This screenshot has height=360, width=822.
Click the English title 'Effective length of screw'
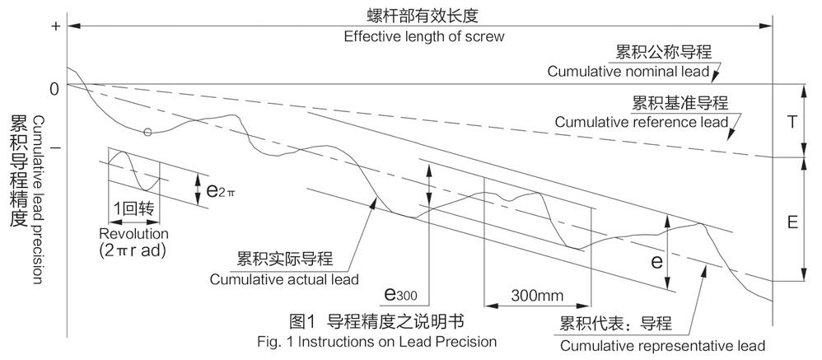coord(425,36)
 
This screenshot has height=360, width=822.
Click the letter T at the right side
coord(792,120)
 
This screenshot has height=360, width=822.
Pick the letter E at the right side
coord(792,222)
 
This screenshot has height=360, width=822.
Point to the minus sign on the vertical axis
coord(56,148)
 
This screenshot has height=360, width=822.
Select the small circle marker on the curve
coord(147,132)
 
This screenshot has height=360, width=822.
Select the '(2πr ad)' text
coord(133,250)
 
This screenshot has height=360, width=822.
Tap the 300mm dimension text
coord(536,295)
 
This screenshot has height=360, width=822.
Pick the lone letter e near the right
coord(656,262)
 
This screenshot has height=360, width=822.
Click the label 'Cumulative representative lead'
coord(662,344)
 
